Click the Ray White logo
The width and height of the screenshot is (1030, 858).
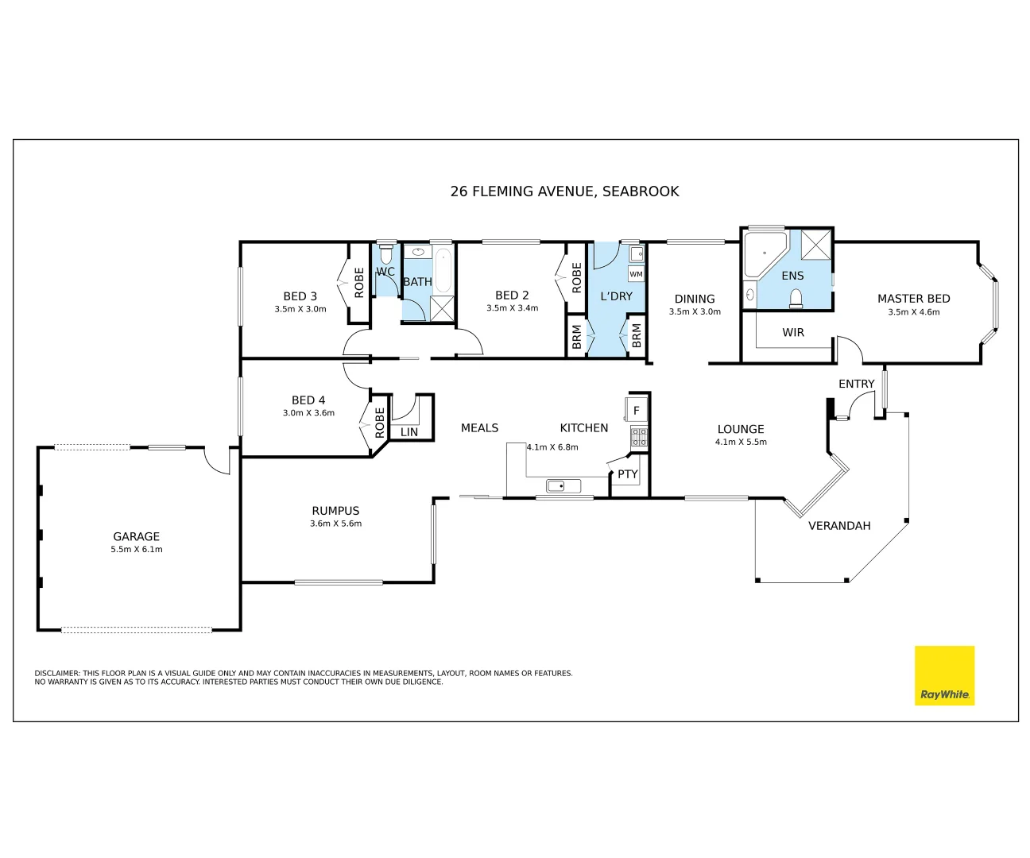944,675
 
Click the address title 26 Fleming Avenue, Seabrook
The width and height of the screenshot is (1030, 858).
564,191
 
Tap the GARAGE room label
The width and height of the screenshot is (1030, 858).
136,537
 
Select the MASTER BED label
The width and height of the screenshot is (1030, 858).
913,299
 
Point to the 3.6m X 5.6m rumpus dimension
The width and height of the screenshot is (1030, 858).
335,524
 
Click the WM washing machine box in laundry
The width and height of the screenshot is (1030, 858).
636,274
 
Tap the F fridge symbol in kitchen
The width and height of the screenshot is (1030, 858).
637,411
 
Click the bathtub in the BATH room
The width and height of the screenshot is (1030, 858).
443,269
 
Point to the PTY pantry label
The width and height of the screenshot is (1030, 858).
628,474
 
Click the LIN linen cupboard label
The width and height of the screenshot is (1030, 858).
409,432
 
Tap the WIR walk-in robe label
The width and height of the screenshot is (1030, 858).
793,333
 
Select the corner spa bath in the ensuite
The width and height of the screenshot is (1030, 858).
764,253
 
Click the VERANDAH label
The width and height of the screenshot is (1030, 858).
839,526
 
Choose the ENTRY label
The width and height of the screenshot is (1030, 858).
856,384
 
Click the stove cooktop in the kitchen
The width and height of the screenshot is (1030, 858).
639,436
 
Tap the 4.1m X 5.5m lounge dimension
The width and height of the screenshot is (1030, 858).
741,442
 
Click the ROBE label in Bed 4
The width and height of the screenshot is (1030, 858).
380,423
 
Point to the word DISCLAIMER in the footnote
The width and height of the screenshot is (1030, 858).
57,674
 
